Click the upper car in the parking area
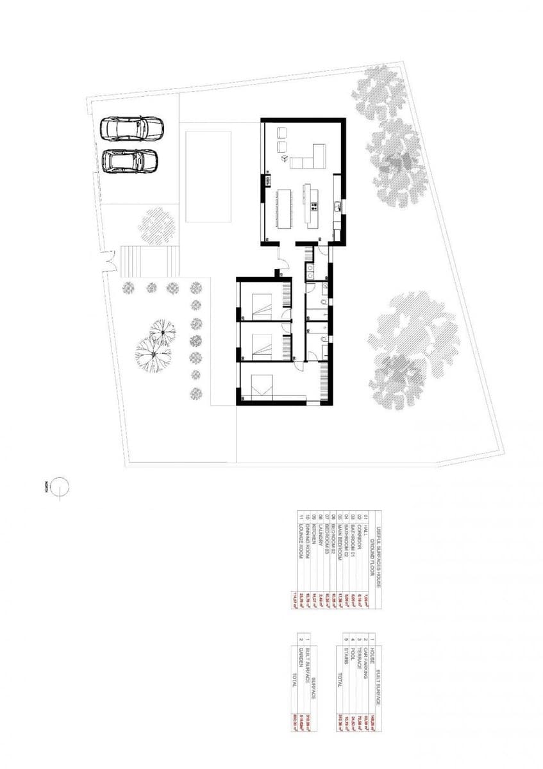132,128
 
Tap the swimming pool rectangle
208,176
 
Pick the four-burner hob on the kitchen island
314,206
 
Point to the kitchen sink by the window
336,206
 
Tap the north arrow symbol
60,488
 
